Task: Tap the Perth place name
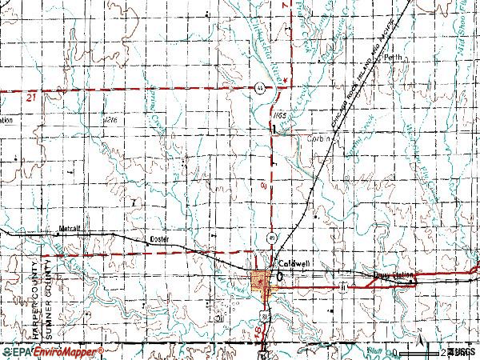392,58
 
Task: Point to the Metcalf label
71,228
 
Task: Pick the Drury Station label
394,275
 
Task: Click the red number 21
31,97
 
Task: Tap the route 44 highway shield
260,87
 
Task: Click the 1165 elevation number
278,116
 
